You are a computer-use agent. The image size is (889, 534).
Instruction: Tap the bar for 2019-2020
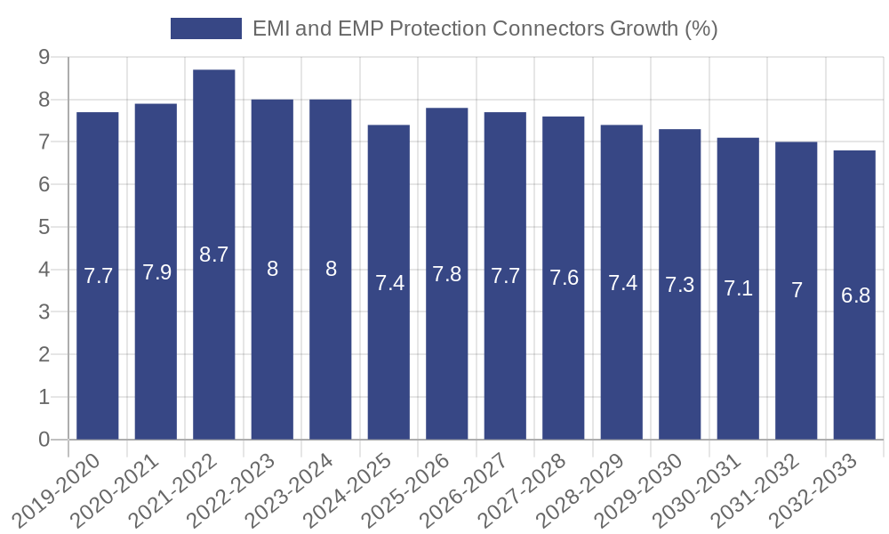pyautogui.click(x=98, y=276)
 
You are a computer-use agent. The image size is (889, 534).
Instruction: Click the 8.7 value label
pyautogui.click(x=214, y=255)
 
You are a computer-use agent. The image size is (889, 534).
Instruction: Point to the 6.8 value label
pyautogui.click(x=855, y=295)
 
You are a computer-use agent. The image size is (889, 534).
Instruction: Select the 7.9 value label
pyautogui.click(x=156, y=272)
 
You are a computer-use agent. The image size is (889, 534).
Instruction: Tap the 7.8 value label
pyautogui.click(x=447, y=274)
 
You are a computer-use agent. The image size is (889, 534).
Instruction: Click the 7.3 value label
pyautogui.click(x=680, y=285)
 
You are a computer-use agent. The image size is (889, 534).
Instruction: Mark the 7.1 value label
pyautogui.click(x=739, y=288)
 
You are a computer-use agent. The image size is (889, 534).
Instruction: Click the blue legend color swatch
pyautogui.click(x=206, y=28)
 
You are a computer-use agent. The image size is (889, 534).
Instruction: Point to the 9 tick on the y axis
pyautogui.click(x=44, y=57)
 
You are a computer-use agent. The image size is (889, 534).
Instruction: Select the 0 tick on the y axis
pyautogui.click(x=44, y=440)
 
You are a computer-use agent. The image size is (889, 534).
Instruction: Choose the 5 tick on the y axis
pyautogui.click(x=44, y=227)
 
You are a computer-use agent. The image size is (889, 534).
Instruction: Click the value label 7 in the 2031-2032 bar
pyautogui.click(x=797, y=290)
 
